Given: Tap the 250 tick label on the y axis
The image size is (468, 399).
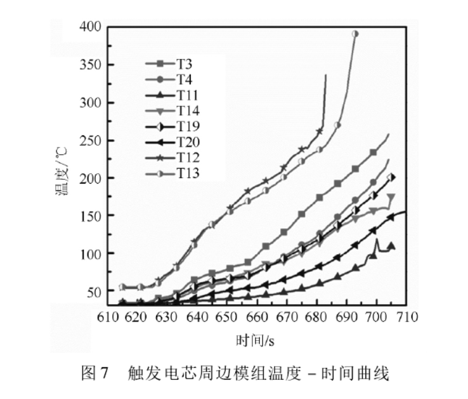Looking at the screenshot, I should [x=91, y=140].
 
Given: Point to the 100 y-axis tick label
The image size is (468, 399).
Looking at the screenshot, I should [x=91, y=254].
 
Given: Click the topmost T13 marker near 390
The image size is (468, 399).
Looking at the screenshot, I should [x=355, y=34].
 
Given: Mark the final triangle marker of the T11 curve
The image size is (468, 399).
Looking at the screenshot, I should [x=391, y=246].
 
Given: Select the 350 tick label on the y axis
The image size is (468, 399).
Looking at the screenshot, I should [x=91, y=65].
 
